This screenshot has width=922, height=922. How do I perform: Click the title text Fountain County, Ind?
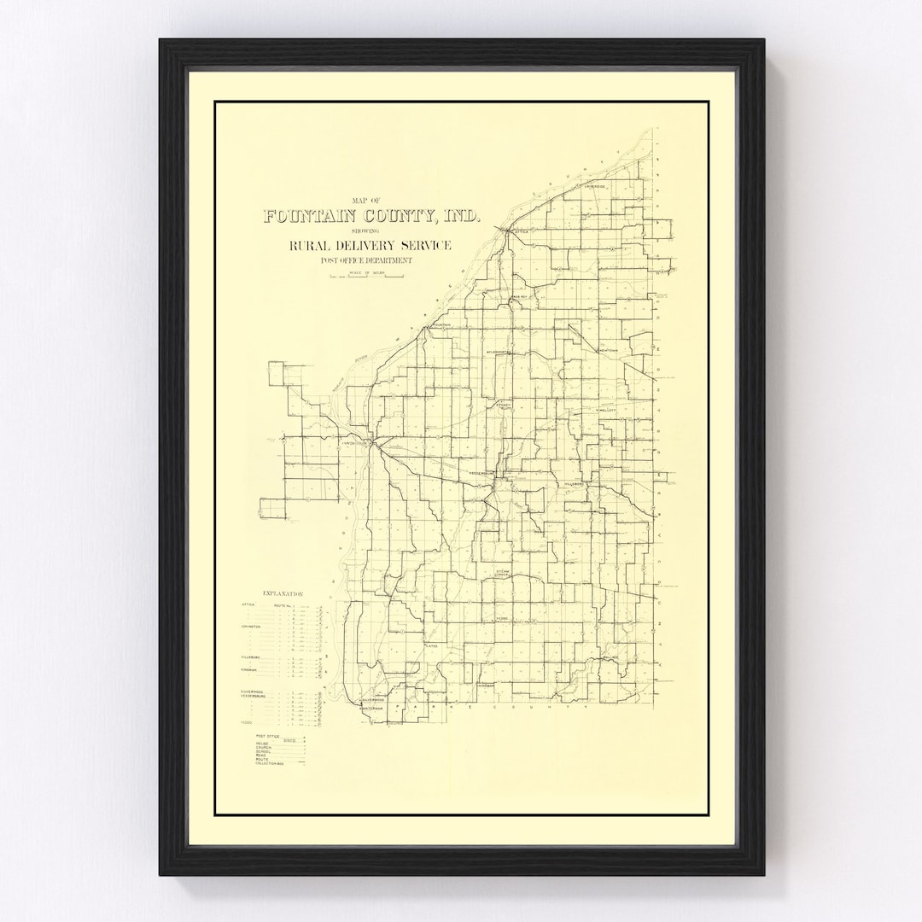point(371,217)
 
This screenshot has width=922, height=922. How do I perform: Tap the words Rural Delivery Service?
point(370,246)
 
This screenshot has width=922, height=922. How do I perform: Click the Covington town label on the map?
point(353,444)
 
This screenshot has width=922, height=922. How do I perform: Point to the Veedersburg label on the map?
point(482,472)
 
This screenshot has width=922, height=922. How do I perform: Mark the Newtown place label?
point(609,351)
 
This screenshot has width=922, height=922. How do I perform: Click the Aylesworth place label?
point(498,352)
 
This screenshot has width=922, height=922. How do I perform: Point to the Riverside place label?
point(594,186)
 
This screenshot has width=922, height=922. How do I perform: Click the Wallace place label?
point(609,657)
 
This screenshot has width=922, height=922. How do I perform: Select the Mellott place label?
point(606,410)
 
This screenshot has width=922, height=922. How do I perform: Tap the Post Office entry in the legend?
point(268,736)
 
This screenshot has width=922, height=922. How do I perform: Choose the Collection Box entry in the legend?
point(269,763)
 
